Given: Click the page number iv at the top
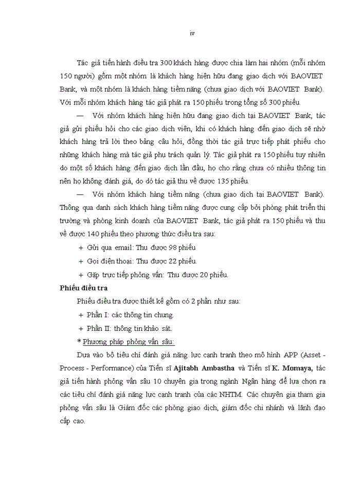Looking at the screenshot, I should click(191, 33).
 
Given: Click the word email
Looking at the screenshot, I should click(124, 248).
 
